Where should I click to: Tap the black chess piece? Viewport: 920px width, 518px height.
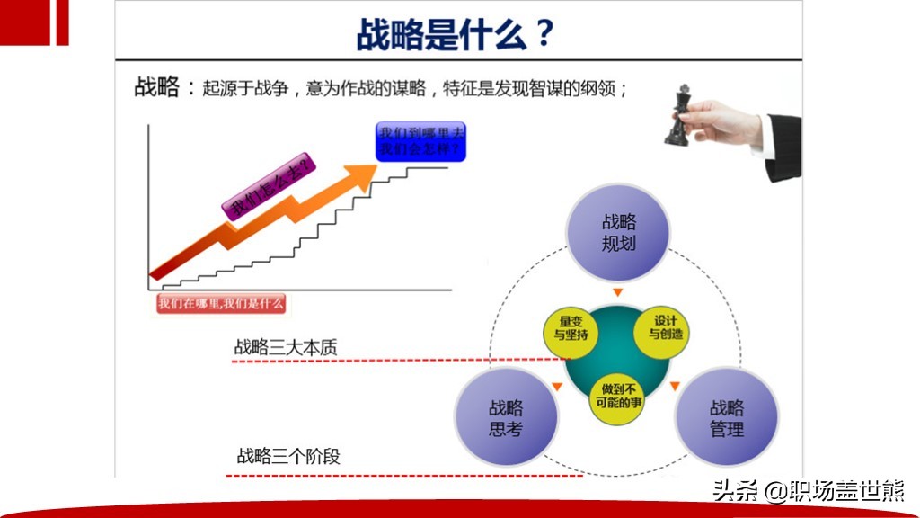tap(677, 114)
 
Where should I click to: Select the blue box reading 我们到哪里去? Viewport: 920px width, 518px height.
tap(421, 141)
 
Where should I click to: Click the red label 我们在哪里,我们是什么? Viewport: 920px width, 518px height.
tap(221, 303)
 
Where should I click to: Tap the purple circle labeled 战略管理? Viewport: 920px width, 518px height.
tap(726, 418)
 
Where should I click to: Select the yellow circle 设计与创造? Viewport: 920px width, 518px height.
tap(666, 329)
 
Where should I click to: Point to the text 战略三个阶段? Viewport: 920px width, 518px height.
tap(288, 457)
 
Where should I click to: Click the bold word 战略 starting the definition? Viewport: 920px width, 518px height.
tap(157, 88)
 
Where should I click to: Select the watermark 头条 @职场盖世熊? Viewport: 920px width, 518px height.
tap(807, 491)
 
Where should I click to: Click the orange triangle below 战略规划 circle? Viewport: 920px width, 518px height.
tap(617, 292)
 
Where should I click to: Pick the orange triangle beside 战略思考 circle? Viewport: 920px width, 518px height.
tap(557, 387)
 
